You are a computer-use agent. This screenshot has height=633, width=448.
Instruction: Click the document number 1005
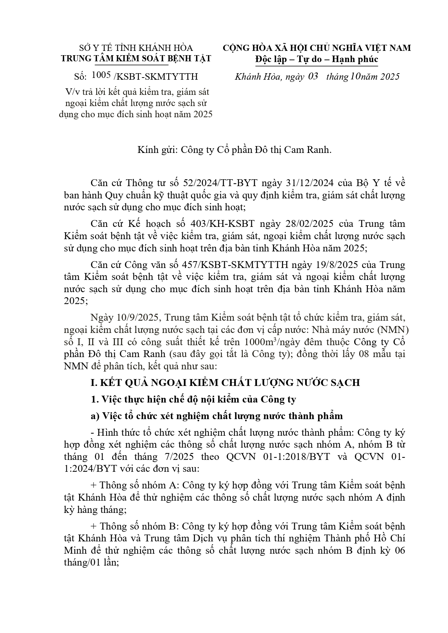coord(101,75)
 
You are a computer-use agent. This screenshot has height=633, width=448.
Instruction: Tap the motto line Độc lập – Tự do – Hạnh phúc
coord(316,59)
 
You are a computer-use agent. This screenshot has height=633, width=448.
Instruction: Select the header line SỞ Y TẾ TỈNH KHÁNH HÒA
coord(136,48)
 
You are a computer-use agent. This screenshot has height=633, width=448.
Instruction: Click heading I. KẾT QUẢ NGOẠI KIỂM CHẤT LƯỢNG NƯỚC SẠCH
coord(225,382)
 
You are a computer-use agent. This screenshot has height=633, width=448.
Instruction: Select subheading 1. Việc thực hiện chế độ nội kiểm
coord(193,399)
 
